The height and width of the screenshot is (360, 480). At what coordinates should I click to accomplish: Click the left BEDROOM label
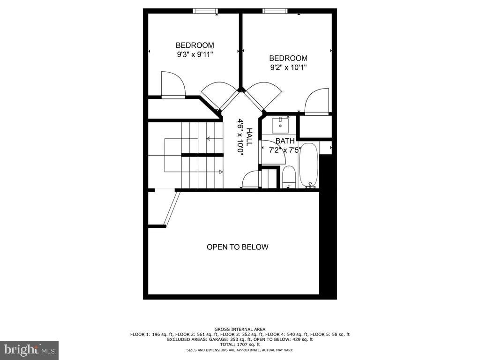[x=195, y=45]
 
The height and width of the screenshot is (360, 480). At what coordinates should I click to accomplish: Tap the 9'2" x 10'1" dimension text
[x=288, y=67]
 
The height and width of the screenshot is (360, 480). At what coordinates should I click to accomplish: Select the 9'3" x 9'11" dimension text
[x=195, y=54]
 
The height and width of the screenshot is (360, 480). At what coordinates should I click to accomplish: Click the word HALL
[x=249, y=137]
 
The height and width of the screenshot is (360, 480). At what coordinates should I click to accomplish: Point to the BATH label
[x=285, y=141]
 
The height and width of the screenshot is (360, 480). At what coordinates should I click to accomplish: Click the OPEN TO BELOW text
[x=238, y=247]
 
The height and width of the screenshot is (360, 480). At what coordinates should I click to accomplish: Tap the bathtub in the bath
[x=308, y=165]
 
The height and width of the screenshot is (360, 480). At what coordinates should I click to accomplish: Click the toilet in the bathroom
[x=289, y=177]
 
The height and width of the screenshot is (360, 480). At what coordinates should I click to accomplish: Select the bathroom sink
[x=280, y=125]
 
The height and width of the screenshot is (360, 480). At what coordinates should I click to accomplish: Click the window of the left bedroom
[x=205, y=11]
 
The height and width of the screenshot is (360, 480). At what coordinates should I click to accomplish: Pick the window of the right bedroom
[x=275, y=11]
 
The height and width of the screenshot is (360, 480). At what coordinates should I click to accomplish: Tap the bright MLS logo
[x=29, y=350]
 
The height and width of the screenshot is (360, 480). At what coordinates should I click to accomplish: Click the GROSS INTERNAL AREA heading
[x=240, y=329]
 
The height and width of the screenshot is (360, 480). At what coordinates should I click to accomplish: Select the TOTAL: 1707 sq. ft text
[x=240, y=344]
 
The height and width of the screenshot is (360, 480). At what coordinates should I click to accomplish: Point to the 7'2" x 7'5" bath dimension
[x=285, y=150]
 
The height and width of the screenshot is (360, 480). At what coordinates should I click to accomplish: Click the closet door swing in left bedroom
[x=172, y=84]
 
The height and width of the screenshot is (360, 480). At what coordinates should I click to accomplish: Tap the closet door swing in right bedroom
[x=317, y=101]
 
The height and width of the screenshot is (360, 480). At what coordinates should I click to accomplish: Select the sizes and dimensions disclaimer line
[x=240, y=350]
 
